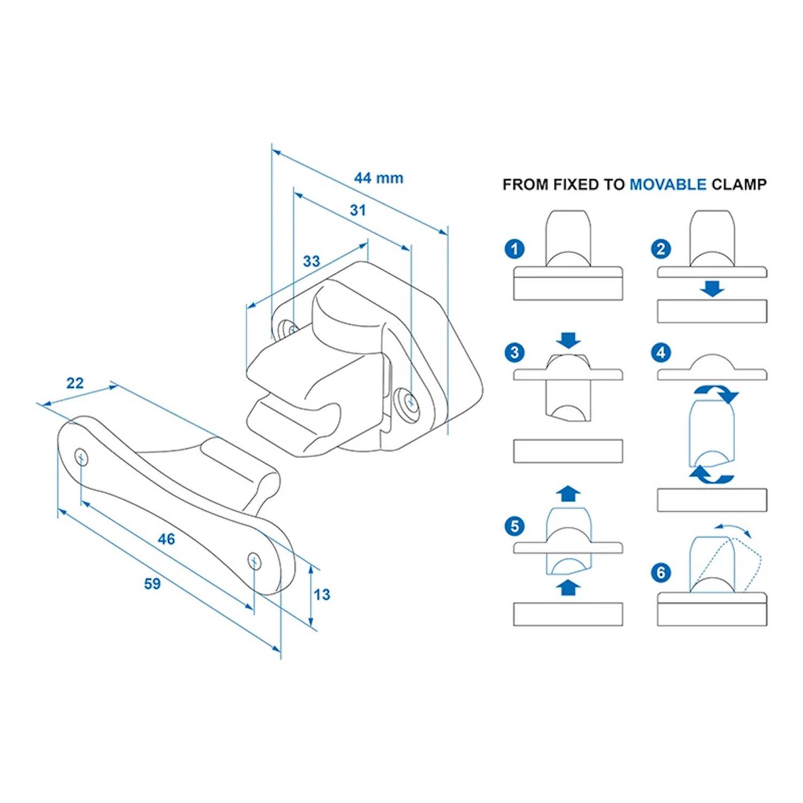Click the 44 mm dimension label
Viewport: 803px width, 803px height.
coord(378,178)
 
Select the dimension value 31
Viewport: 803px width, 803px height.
coord(358,210)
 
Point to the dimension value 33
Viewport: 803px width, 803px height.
coord(311,261)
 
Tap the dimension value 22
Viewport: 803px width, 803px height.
coord(75,383)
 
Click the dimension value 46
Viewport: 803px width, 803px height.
coord(166,539)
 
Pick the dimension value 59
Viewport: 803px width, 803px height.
coord(153,584)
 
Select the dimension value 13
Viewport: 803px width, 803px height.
coord(322,595)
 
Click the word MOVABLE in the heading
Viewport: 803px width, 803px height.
coord(668,185)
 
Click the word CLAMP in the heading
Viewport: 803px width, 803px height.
coord(739,185)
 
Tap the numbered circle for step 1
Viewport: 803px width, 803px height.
coord(514,249)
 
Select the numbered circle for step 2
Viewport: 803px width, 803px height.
coord(661,249)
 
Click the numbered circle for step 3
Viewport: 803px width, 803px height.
coord(514,353)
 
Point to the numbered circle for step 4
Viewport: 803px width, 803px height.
coord(661,353)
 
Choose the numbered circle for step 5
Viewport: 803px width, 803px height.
coord(514,526)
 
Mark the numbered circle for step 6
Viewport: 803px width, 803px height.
coord(661,573)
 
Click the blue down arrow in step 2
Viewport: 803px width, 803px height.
coord(712,289)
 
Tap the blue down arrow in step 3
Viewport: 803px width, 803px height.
coord(568,340)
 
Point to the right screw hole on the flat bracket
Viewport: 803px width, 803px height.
coord(255,561)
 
